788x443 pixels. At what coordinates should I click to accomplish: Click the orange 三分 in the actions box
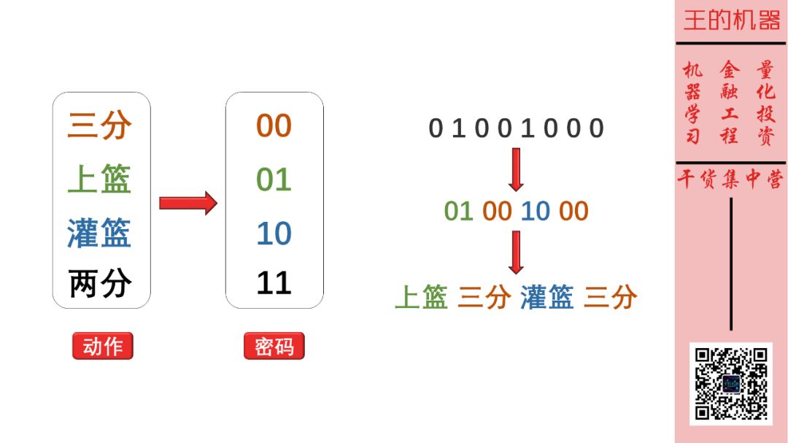[100, 126]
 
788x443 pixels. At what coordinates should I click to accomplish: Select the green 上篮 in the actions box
[100, 180]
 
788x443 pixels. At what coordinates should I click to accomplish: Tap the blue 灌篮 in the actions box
[100, 233]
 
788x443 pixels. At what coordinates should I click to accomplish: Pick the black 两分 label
[100, 283]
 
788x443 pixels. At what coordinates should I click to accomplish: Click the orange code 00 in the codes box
[274, 126]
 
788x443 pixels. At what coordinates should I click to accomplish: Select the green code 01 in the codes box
[274, 180]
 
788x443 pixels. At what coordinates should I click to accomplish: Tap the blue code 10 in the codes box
[274, 233]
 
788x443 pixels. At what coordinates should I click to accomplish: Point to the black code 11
[274, 283]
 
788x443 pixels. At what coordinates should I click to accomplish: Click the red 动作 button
[103, 346]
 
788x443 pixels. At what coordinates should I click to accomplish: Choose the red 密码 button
[274, 346]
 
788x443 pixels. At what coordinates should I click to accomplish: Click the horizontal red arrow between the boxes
[188, 202]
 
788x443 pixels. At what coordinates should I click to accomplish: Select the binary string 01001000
[516, 128]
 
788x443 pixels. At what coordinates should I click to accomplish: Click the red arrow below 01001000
[516, 169]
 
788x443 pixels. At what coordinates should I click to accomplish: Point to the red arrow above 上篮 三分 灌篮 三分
[516, 252]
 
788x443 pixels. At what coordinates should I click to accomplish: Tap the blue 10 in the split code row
[535, 212]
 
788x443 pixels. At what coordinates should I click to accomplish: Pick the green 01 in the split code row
[459, 212]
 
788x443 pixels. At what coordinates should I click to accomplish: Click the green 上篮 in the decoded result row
[421, 297]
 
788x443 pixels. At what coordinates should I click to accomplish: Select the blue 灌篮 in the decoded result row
[547, 297]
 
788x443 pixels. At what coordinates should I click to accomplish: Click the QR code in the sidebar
[730, 383]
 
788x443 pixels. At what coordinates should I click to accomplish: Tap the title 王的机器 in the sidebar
[731, 20]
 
